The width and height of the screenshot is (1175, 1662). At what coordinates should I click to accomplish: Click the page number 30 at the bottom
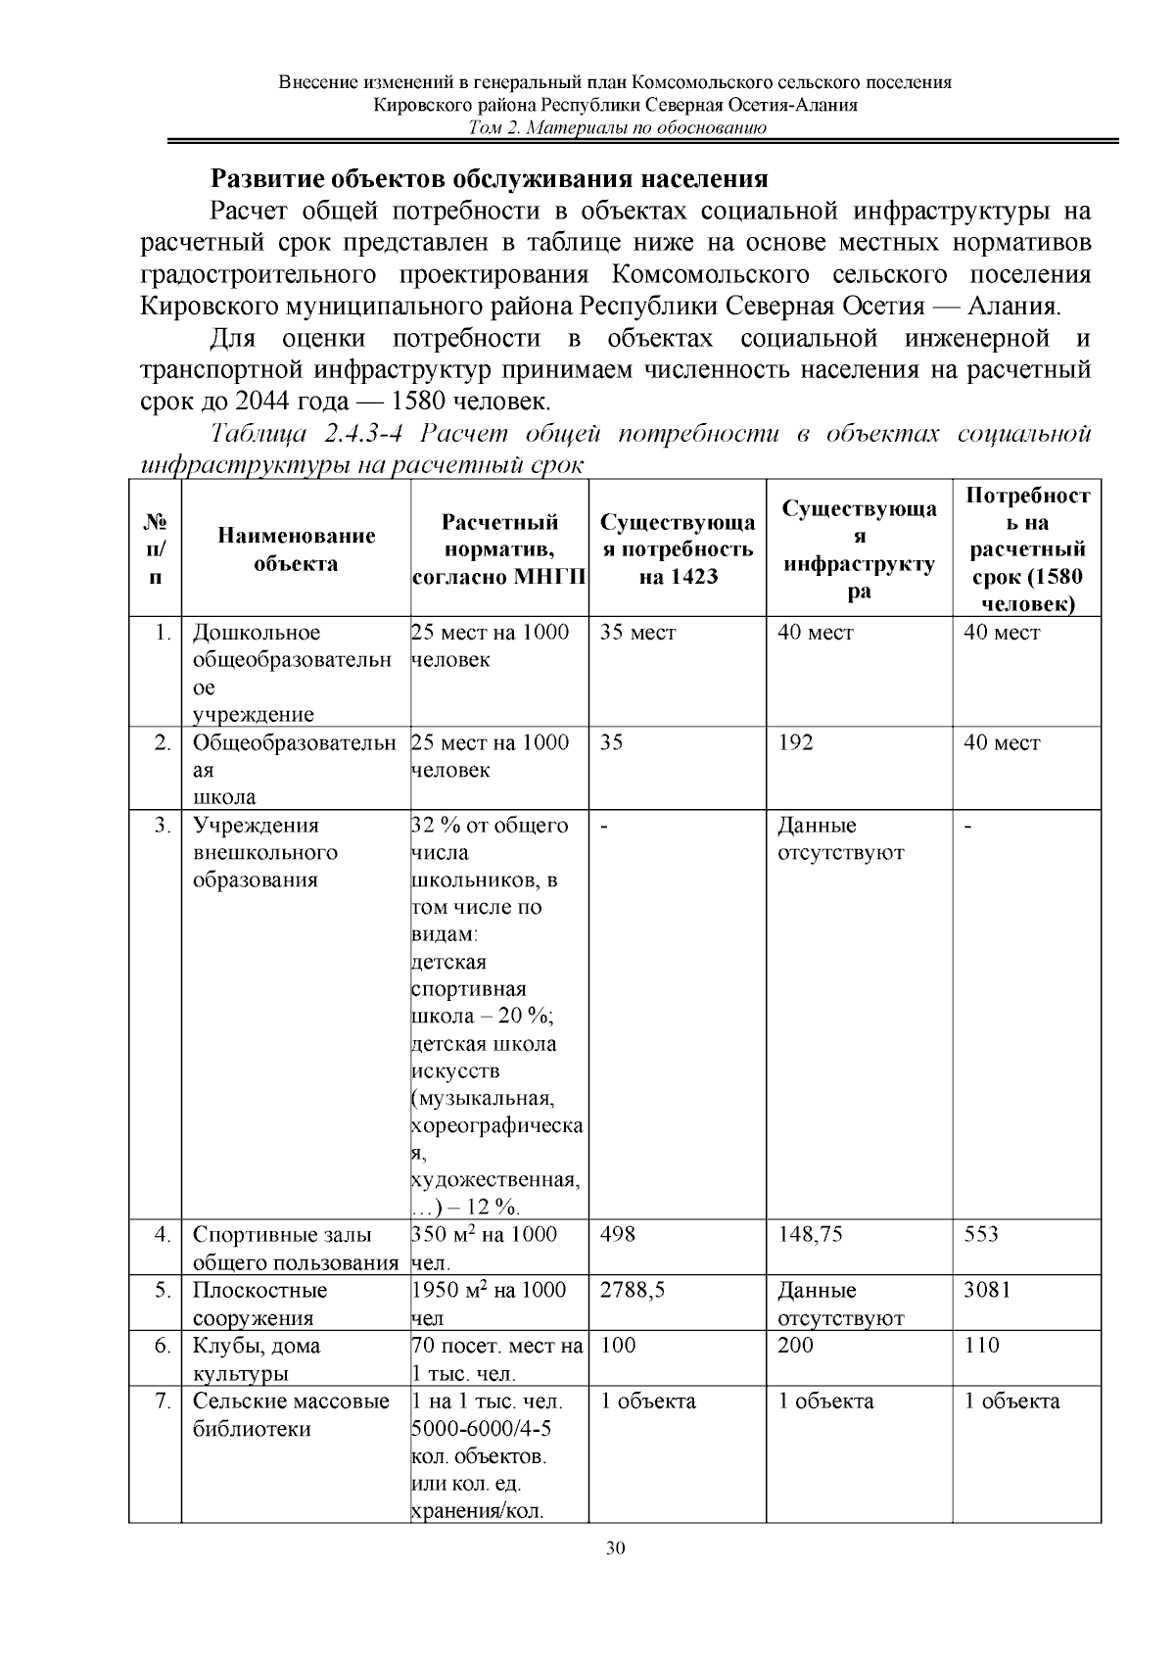click(x=615, y=1548)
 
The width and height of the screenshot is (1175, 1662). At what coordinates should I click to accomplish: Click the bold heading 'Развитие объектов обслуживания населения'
click(x=490, y=179)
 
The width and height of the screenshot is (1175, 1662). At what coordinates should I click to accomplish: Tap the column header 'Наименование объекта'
click(x=296, y=549)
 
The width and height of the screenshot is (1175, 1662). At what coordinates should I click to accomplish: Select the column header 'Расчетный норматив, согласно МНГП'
click(x=499, y=549)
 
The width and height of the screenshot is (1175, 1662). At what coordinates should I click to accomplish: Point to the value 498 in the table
click(x=618, y=1234)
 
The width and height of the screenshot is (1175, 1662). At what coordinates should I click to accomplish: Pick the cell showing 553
click(x=981, y=1234)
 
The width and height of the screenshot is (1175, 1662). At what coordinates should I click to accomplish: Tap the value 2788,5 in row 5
click(x=633, y=1290)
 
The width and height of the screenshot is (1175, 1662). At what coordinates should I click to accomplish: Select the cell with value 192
click(x=795, y=742)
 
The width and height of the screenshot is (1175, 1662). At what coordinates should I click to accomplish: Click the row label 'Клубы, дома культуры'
click(x=256, y=1358)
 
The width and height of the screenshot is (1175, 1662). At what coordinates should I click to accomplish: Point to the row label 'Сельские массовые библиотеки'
click(x=290, y=1414)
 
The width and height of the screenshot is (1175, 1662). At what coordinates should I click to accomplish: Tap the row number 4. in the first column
click(x=163, y=1234)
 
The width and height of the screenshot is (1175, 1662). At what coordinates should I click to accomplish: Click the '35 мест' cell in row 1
click(x=637, y=633)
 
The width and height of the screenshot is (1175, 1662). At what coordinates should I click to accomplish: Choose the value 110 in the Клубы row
click(x=981, y=1346)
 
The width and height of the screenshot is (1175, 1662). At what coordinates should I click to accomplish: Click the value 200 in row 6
click(x=795, y=1346)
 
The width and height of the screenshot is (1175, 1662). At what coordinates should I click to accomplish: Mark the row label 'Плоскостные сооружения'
click(x=259, y=1303)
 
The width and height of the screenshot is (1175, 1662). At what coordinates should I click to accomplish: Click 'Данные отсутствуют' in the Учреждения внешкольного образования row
click(x=840, y=838)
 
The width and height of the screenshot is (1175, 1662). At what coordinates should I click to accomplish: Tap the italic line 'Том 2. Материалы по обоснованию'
click(x=617, y=128)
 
